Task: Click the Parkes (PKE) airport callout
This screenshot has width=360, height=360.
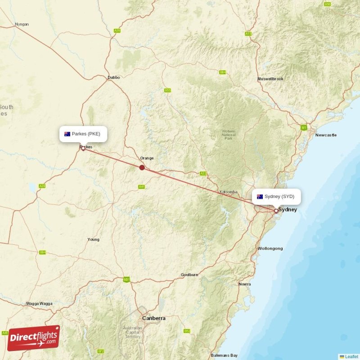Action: [x=84, y=134]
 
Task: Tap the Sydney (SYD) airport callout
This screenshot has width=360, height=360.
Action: [x=276, y=197]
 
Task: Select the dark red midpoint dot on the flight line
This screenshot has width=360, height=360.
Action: [x=142, y=167]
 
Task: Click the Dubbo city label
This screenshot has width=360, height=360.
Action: [x=114, y=77]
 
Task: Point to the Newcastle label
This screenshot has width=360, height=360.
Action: [x=326, y=135]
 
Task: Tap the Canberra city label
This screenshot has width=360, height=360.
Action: [x=153, y=318]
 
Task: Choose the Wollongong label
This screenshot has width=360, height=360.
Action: [x=270, y=248]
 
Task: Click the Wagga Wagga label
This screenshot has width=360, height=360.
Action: [x=39, y=304]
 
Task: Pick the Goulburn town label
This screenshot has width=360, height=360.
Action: [x=189, y=274]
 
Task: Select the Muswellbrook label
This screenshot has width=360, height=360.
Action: [x=270, y=79]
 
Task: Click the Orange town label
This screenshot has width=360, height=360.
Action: [x=147, y=158]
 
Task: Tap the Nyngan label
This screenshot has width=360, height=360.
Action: [x=22, y=24]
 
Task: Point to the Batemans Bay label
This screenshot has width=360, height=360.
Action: [x=224, y=355]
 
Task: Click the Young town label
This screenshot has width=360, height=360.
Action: [x=93, y=239]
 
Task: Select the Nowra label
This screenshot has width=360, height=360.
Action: [x=245, y=284]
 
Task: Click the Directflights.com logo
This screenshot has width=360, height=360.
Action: [x=34, y=337]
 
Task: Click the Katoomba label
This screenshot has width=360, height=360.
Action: [x=228, y=192]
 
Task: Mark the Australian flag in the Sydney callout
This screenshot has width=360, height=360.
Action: [x=260, y=197]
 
